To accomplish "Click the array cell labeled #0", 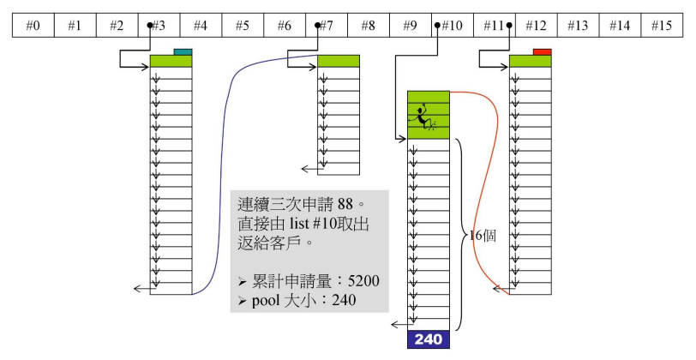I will click(33, 26).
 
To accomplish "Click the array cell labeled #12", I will click(537, 26).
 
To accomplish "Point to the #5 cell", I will click(243, 26).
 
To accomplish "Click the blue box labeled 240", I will click(428, 339).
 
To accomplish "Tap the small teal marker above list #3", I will click(183, 51).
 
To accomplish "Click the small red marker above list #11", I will click(541, 51).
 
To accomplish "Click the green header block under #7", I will click(339, 61).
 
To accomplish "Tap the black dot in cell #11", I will click(509, 26).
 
